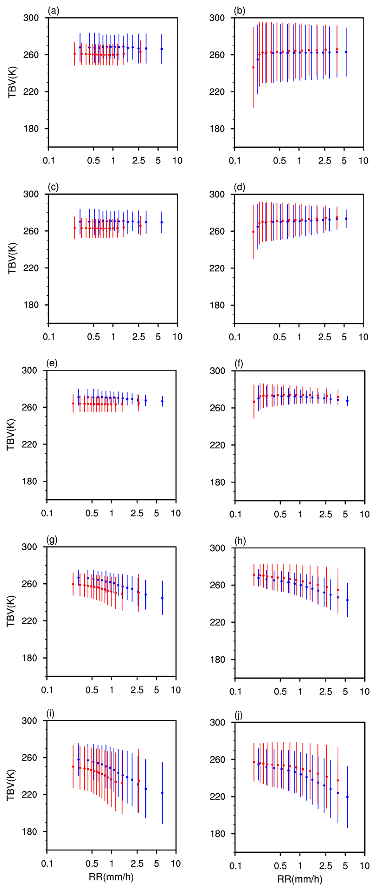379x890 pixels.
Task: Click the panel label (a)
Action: click(x=54, y=11)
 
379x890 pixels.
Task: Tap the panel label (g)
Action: click(x=52, y=540)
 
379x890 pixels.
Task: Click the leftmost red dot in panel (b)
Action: click(x=253, y=67)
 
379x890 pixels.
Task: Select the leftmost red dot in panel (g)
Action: click(x=73, y=584)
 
